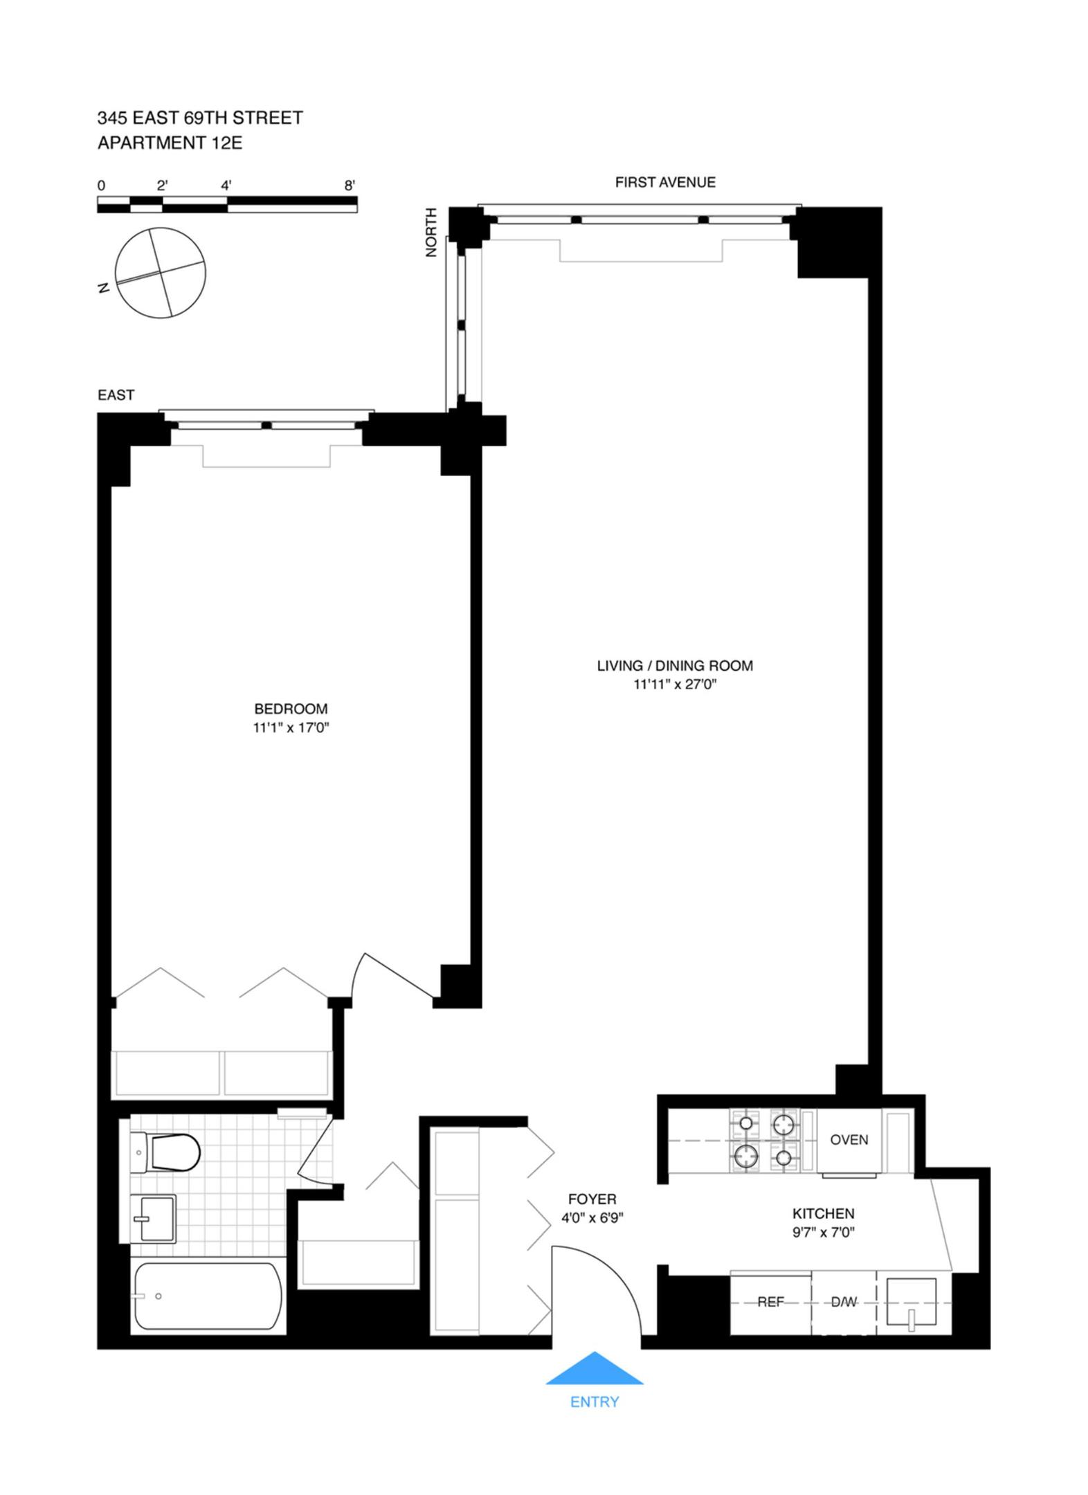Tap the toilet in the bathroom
point(167,1152)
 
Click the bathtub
point(208,1296)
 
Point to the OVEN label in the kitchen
point(849,1139)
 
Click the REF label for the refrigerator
point(770,1302)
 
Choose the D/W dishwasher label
point(843,1302)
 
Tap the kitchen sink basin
point(911,1303)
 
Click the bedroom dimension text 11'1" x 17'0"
point(291,727)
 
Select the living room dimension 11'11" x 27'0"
point(674,685)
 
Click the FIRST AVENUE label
point(664,182)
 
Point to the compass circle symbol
point(161,273)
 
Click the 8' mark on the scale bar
point(350,185)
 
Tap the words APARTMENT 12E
point(170,143)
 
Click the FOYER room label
point(592,1199)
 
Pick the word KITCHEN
point(823,1213)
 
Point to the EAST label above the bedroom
point(116,395)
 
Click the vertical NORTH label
point(431,232)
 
